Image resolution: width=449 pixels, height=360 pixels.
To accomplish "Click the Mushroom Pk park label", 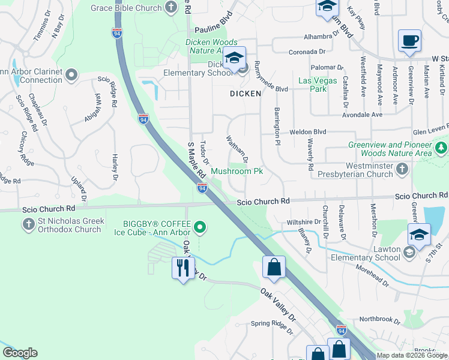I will tap(237, 172).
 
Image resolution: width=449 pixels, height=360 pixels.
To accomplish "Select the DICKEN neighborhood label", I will tap(246, 94).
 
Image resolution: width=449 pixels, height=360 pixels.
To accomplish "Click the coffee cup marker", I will tap(409, 41).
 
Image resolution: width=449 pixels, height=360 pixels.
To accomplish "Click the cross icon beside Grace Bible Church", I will tap(172, 8).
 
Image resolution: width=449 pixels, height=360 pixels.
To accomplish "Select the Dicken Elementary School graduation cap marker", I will tap(234, 59).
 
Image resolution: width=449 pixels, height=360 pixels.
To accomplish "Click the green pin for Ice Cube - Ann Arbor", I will tap(200, 227).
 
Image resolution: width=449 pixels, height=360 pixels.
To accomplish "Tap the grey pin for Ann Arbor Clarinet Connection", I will tap(71, 75).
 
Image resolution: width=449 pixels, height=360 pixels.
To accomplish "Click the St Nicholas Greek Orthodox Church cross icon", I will tap(28, 224).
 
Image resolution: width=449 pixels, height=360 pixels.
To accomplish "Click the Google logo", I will tap(20, 353).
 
